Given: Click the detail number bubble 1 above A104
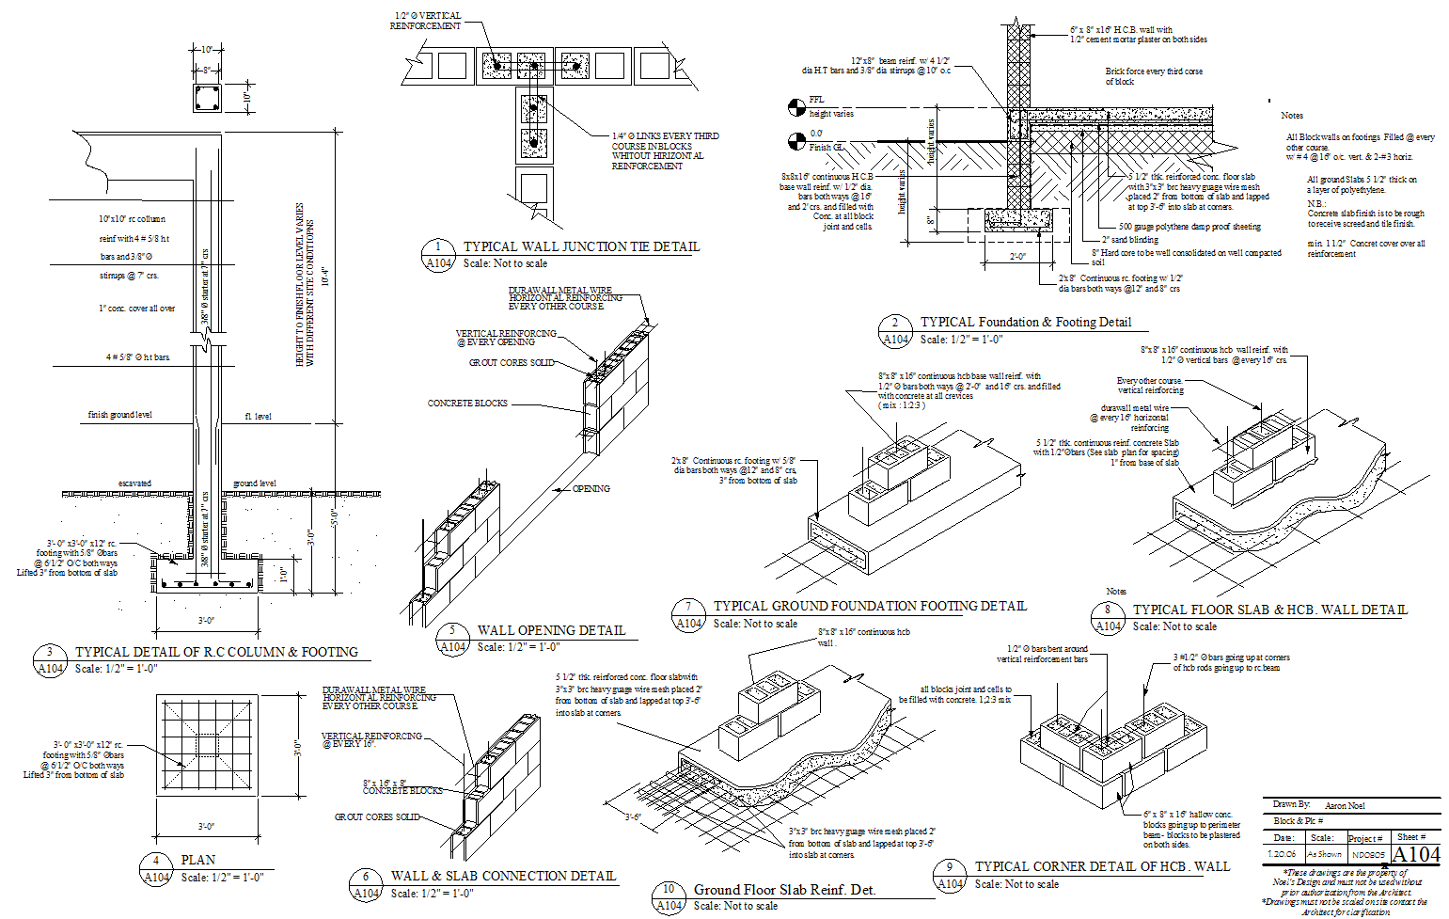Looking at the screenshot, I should [x=438, y=247].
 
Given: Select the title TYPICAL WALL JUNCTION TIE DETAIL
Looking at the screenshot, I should [x=581, y=246].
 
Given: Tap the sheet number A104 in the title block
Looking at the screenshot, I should [x=1416, y=854].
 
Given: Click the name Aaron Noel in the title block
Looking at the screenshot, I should [x=1345, y=806].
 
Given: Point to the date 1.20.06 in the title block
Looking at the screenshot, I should [x=1282, y=854].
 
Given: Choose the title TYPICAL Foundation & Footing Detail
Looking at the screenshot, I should [x=1026, y=322].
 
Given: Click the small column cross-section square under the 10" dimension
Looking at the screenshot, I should [x=207, y=98].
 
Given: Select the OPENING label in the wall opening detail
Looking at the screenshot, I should [x=591, y=489].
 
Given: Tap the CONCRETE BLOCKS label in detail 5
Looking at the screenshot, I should [x=467, y=404].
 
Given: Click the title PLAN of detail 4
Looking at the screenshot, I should [x=198, y=860].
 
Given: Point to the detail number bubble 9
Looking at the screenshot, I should [x=950, y=867].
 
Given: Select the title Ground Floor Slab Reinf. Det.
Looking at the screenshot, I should [x=784, y=890].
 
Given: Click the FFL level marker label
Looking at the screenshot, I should [x=816, y=100].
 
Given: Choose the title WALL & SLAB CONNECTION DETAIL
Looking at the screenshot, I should [x=503, y=876].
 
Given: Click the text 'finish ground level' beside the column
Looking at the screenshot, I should [x=120, y=415].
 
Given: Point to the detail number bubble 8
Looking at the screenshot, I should [x=1108, y=610].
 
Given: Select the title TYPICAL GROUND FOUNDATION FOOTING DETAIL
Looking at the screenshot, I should [x=870, y=607].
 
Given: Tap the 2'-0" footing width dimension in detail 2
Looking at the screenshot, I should [x=1018, y=256].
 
